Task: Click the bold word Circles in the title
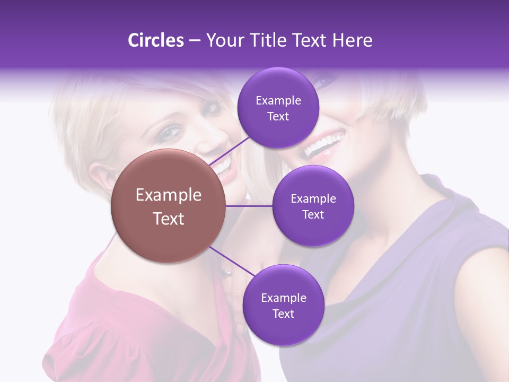(x=155, y=40)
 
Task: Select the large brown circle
(x=169, y=206)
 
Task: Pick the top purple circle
(x=278, y=108)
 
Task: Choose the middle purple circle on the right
(x=313, y=206)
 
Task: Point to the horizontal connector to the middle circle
(x=249, y=206)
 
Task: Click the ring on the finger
(x=226, y=273)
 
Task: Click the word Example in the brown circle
(x=169, y=195)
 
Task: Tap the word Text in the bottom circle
(x=283, y=314)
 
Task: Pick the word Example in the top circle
(x=278, y=100)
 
